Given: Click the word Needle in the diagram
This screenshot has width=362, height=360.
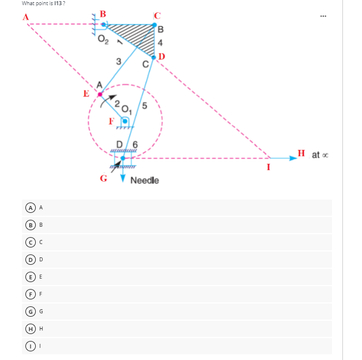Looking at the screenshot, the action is pyautogui.click(x=144, y=181).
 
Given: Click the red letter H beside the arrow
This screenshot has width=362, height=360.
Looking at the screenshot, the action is pyautogui.click(x=301, y=153).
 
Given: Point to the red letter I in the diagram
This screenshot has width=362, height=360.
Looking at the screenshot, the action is pyautogui.click(x=268, y=168).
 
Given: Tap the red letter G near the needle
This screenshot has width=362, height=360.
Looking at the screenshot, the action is pyautogui.click(x=103, y=179).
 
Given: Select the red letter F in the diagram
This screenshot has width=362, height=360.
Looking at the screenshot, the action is pyautogui.click(x=111, y=121).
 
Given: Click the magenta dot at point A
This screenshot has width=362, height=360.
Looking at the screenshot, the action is pyautogui.click(x=100, y=93).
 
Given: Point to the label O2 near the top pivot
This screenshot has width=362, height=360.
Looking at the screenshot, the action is pyautogui.click(x=103, y=40).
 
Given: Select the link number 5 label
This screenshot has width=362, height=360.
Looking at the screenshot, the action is pyautogui.click(x=144, y=106).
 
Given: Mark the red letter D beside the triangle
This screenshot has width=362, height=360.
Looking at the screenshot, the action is pyautogui.click(x=162, y=56).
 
